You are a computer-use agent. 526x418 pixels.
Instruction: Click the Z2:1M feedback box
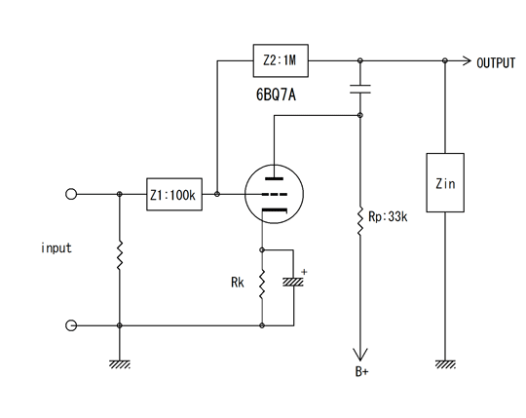tap(281, 60)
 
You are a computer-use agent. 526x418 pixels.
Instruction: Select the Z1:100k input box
tap(174, 194)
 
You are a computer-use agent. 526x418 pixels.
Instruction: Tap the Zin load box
tap(445, 182)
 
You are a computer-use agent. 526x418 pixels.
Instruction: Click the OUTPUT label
tap(496, 63)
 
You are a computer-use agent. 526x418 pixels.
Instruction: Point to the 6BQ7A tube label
tap(276, 95)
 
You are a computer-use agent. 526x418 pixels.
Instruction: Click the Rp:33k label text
tap(388, 216)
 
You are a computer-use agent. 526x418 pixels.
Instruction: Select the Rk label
tap(238, 283)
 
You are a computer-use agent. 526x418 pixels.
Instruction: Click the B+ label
tap(361, 371)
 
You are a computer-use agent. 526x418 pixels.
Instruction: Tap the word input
tap(56, 247)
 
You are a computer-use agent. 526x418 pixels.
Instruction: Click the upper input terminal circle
tap(71, 194)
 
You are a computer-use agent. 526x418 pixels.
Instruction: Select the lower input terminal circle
tap(71, 325)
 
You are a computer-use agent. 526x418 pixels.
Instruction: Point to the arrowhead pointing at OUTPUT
tap(467, 60)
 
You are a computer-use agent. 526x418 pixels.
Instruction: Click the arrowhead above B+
tap(360, 355)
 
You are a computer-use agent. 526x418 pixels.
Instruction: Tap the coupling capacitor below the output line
tap(360, 89)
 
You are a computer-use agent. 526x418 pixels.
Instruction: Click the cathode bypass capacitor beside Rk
tap(293, 282)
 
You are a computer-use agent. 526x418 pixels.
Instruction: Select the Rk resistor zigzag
tap(262, 284)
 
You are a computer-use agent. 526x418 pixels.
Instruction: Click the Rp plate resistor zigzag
tap(360, 221)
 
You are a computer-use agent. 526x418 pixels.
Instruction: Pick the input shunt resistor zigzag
tap(120, 255)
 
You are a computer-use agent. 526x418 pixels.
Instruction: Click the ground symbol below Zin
tap(445, 364)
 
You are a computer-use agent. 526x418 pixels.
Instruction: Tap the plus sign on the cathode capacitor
tap(304, 272)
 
